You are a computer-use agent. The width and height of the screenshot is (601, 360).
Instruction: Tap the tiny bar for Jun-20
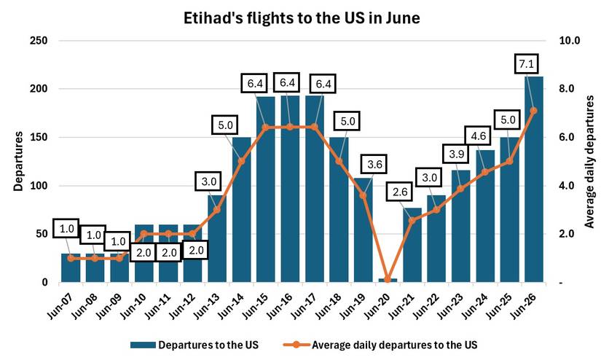pyautogui.click(x=388, y=280)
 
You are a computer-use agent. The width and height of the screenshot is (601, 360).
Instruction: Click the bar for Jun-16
pyautogui.click(x=290, y=189)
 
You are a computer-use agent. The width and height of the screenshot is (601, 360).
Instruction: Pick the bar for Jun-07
pyautogui.click(x=71, y=267)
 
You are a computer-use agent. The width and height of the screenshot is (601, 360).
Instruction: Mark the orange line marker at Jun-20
pyautogui.click(x=388, y=281)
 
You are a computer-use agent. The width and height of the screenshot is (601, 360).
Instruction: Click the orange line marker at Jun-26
pyautogui.click(x=534, y=111)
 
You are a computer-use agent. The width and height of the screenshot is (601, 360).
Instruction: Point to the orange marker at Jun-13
pyautogui.click(x=216, y=210)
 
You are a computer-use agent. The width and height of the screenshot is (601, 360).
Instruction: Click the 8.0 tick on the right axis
pyautogui.click(x=566, y=89)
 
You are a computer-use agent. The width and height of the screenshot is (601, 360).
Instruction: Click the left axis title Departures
pyautogui.click(x=17, y=162)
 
